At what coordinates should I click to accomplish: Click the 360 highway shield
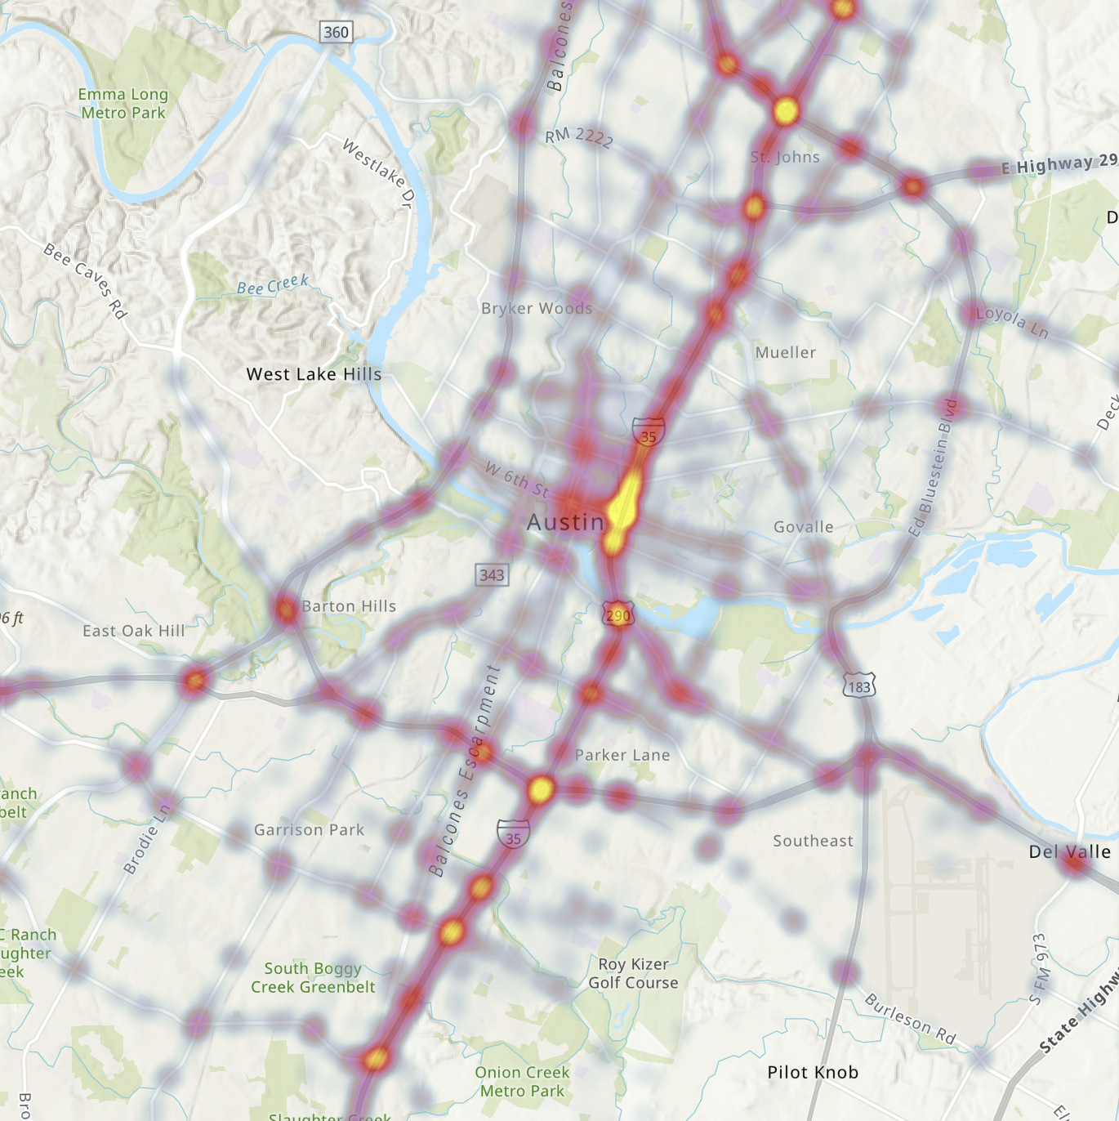pyautogui.click(x=336, y=33)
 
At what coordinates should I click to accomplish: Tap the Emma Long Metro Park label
pyautogui.click(x=123, y=104)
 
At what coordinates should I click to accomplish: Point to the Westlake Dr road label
pyautogui.click(x=377, y=173)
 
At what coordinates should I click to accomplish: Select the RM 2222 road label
pyautogui.click(x=579, y=136)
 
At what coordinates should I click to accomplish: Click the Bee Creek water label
pyautogui.click(x=273, y=285)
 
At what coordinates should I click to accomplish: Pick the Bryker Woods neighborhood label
pyautogui.click(x=537, y=308)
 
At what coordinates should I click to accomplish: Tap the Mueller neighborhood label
pyautogui.click(x=785, y=352)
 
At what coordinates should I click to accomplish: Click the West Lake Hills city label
pyautogui.click(x=314, y=374)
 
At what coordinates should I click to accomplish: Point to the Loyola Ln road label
pyautogui.click(x=1012, y=321)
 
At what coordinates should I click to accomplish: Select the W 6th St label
pyautogui.click(x=516, y=479)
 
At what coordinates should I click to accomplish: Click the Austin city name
pyautogui.click(x=565, y=522)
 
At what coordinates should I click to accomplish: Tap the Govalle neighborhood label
pyautogui.click(x=803, y=527)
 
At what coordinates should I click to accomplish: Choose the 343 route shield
pyautogui.click(x=492, y=574)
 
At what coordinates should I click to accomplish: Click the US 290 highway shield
pyautogui.click(x=617, y=614)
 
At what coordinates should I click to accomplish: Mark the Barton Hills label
pyautogui.click(x=349, y=606)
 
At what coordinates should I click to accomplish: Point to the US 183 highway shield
pyautogui.click(x=858, y=686)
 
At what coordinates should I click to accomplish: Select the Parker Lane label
pyautogui.click(x=622, y=755)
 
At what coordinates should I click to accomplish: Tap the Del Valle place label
pyautogui.click(x=1069, y=851)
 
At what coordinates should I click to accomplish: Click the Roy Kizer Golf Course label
pyautogui.click(x=633, y=973)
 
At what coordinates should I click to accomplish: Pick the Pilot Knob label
pyautogui.click(x=813, y=1072)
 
